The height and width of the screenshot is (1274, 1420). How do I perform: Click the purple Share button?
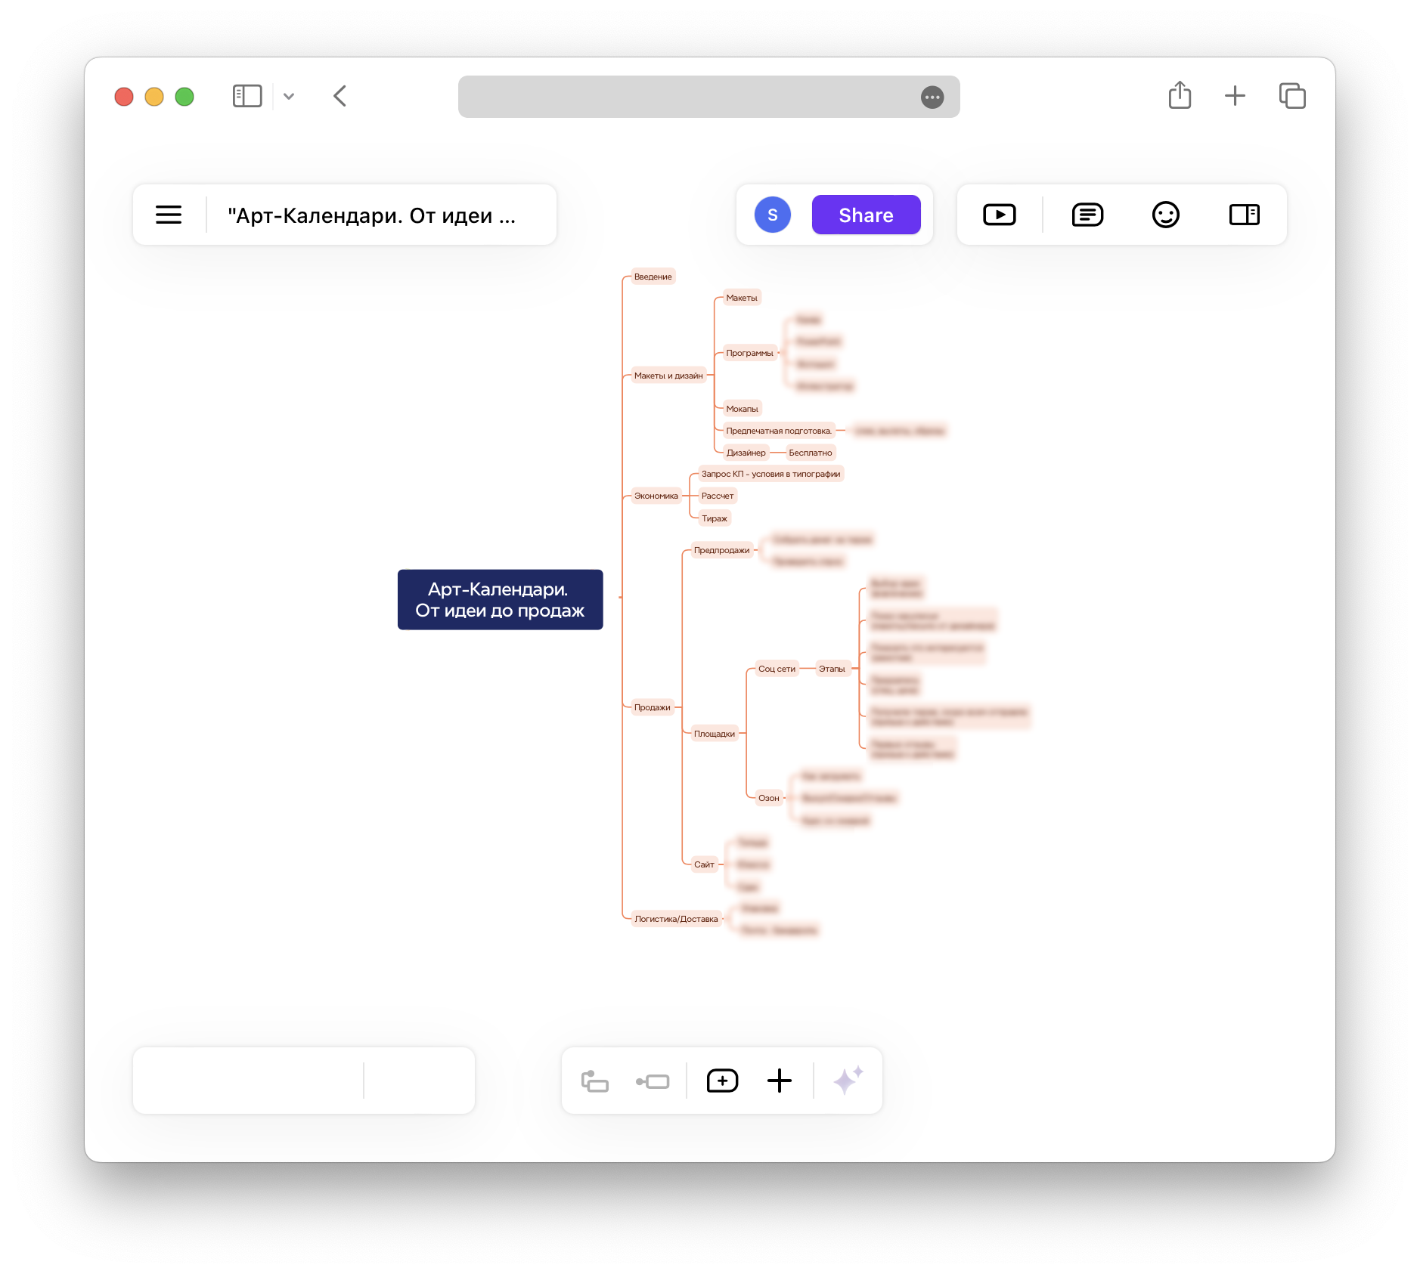coord(866,215)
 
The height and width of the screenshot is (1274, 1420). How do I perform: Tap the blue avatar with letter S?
coord(772,215)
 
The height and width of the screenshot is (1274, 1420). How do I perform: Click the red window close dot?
coord(124,97)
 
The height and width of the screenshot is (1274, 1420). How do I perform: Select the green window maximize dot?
coord(184,97)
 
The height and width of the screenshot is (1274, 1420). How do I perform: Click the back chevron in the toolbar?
coord(340,96)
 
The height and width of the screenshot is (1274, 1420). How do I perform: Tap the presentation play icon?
coord(999,215)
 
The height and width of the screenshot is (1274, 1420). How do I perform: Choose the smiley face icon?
coord(1165,215)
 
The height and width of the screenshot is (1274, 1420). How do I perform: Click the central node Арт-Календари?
coord(500,599)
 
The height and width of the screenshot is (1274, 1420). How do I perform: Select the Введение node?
coord(653,277)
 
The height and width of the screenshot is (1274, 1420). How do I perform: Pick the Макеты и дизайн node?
coord(668,376)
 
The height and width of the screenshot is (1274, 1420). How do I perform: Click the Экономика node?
coord(656,496)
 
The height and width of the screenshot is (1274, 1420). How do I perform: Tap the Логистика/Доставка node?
coord(676,919)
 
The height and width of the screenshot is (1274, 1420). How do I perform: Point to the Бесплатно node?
coord(810,453)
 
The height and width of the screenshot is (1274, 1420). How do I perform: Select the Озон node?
coord(768,798)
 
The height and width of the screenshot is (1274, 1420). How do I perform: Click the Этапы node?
coord(832,669)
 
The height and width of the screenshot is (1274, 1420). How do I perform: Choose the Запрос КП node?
coord(770,474)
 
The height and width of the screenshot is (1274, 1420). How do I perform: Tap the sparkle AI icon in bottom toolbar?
coord(848,1081)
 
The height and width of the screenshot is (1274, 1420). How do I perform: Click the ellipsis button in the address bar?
coord(932,97)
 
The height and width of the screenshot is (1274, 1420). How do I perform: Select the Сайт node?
coord(704,864)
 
